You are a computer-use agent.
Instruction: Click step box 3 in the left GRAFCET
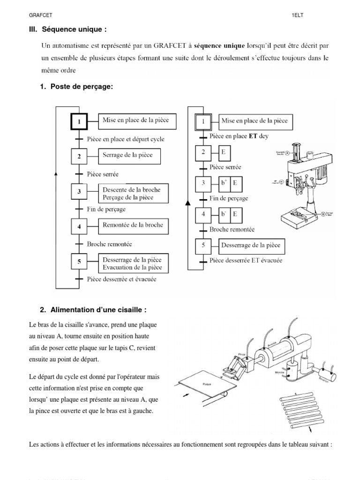80,192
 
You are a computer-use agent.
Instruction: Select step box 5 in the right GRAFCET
203,246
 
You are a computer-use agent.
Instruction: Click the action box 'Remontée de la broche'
133,225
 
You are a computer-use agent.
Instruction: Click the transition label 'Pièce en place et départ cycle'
126,139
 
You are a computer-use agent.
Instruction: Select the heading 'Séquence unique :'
75,30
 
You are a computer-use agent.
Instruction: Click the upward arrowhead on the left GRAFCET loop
56,173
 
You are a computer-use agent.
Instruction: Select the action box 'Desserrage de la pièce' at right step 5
252,246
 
